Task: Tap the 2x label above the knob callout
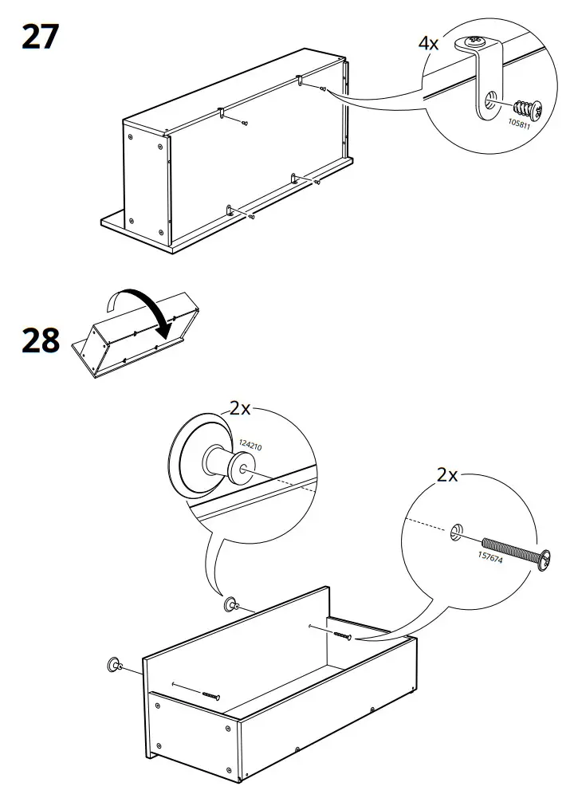point(240,409)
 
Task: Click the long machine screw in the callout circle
point(511,550)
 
